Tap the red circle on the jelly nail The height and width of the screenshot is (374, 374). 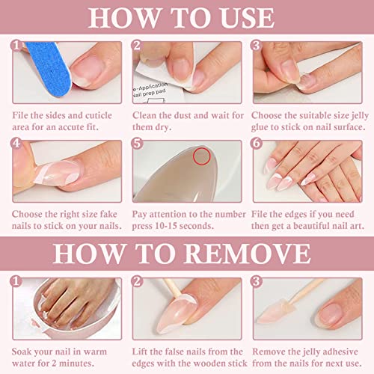pyautogui.click(x=202, y=156)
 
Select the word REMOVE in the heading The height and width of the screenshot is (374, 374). pyautogui.click(x=247, y=254)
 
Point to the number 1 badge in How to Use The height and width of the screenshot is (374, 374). pyautogui.click(x=16, y=46)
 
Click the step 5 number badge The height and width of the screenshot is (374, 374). pyautogui.click(x=138, y=144)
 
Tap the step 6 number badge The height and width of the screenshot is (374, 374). pyautogui.click(x=257, y=144)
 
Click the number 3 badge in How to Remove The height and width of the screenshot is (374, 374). pyautogui.click(x=257, y=281)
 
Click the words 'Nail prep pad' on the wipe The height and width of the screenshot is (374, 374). pyautogui.click(x=149, y=93)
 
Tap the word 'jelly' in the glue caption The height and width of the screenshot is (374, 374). pyautogui.click(x=360, y=116)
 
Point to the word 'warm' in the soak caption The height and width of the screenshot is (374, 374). pyautogui.click(x=95, y=352)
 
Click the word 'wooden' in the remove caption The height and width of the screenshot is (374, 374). pyautogui.click(x=202, y=364)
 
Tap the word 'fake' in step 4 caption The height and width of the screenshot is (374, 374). pyautogui.click(x=108, y=214)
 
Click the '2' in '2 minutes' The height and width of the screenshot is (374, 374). pyautogui.click(x=54, y=364)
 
